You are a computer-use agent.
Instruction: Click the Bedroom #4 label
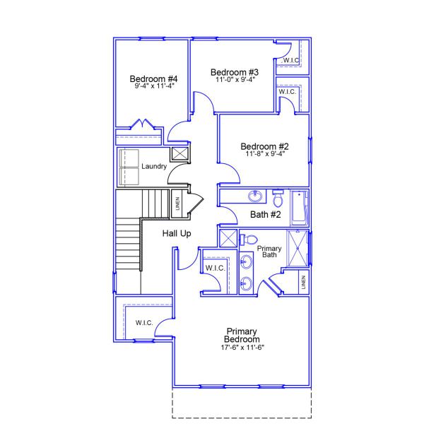click(153, 78)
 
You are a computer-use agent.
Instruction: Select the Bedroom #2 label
click(264, 146)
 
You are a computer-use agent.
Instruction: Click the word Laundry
click(153, 167)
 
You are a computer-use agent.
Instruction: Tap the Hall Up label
click(177, 233)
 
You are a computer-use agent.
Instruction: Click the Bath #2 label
click(266, 215)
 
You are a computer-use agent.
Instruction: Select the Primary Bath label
click(269, 251)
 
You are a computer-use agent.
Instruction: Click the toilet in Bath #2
click(278, 196)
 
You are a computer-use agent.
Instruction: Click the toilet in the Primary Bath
click(247, 238)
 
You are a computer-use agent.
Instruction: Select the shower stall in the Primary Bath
click(298, 247)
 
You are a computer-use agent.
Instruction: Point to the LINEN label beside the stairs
click(177, 203)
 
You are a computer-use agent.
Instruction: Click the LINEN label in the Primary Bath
click(303, 283)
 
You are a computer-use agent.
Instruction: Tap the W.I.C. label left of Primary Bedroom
click(143, 323)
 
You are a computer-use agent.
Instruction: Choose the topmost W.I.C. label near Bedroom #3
click(291, 61)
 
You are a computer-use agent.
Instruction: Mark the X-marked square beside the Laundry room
click(180, 154)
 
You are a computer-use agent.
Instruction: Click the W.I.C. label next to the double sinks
click(214, 268)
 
